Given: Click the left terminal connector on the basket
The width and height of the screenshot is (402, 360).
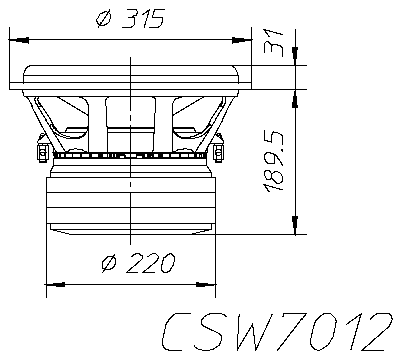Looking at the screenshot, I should pyautogui.click(x=42, y=150).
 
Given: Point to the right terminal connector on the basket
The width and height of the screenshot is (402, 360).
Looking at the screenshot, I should pyautogui.click(x=218, y=150).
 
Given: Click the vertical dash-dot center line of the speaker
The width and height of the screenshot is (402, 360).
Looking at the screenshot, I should pyautogui.click(x=131, y=151).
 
